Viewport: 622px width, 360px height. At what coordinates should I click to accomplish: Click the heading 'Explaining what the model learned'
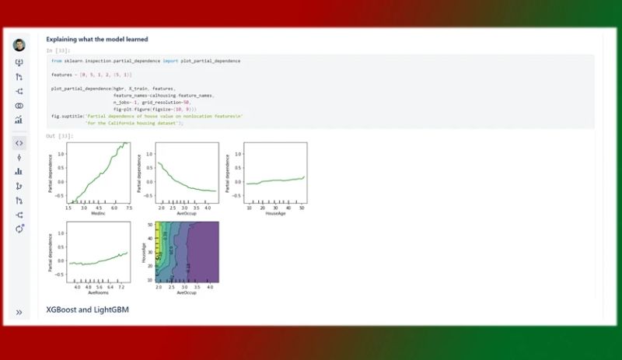pos(96,39)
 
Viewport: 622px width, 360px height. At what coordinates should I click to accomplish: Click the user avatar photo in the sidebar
pos(19,45)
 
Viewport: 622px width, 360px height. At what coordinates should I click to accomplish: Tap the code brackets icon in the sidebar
pos(19,143)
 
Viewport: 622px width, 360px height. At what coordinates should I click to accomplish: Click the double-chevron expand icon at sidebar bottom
pos(19,313)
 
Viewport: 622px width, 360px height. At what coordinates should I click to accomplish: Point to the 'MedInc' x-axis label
pos(99,215)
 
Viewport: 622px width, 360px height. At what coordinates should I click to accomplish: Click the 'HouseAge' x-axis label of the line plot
pos(275,215)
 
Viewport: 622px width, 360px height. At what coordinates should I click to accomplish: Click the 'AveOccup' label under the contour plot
pos(187,293)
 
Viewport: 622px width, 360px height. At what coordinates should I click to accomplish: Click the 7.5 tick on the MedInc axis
pos(129,208)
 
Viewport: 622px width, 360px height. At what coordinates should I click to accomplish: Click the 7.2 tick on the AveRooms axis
pos(120,287)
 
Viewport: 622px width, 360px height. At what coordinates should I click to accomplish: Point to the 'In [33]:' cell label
pos(56,51)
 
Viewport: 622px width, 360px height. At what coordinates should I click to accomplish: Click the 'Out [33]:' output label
pos(56,136)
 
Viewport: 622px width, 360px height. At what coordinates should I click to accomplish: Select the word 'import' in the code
pos(175,61)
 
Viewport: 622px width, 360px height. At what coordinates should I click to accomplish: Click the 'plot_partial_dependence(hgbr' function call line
pos(86,89)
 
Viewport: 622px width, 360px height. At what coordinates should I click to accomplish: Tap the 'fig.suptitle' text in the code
pos(66,116)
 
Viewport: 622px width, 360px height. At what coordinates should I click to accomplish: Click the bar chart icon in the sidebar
pos(19,171)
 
